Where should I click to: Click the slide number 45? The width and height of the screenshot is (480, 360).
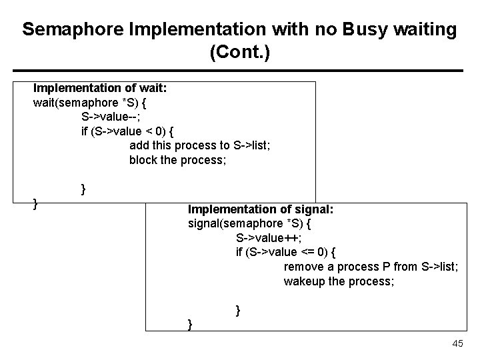pyautogui.click(x=457, y=343)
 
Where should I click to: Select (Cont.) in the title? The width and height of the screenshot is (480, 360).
pyautogui.click(x=239, y=53)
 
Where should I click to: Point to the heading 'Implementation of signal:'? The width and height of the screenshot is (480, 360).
pyautogui.click(x=261, y=209)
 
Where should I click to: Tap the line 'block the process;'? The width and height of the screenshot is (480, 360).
pyautogui.click(x=177, y=160)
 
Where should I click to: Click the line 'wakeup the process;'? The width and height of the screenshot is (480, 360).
pyautogui.click(x=339, y=281)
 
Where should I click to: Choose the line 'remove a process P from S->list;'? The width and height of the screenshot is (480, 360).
pyautogui.click(x=371, y=267)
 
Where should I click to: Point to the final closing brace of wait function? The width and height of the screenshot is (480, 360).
pyautogui.click(x=36, y=203)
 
